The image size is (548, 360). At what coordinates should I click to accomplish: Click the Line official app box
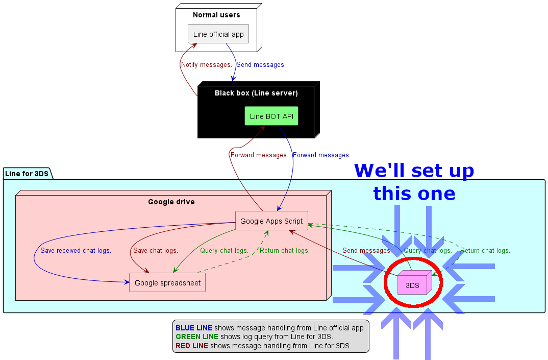coord(218,34)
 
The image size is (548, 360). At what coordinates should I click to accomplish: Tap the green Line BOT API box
coord(271,116)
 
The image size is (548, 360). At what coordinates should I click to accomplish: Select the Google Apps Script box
coord(271,221)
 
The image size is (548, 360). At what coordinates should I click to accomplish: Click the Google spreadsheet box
coord(167,282)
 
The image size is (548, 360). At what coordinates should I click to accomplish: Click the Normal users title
coord(216,15)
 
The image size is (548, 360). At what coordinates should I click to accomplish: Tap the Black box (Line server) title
coord(256,93)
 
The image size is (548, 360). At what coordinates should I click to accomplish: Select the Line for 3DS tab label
coord(27,174)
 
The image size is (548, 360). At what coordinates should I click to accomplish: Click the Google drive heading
coord(171,202)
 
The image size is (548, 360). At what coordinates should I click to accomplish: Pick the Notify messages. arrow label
coord(207,65)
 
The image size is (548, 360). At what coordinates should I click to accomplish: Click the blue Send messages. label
coord(261,65)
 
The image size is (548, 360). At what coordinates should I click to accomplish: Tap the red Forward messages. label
coord(259,155)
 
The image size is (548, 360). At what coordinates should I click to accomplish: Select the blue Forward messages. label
coord(321,155)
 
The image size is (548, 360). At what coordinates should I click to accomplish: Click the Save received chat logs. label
coord(76,250)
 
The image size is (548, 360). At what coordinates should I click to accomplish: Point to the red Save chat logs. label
coord(155,250)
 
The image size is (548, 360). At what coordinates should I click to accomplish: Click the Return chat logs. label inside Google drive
coord(285,250)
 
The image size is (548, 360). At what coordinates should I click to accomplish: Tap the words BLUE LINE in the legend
coord(194,328)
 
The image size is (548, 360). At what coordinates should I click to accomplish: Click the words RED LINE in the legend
coord(192,346)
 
